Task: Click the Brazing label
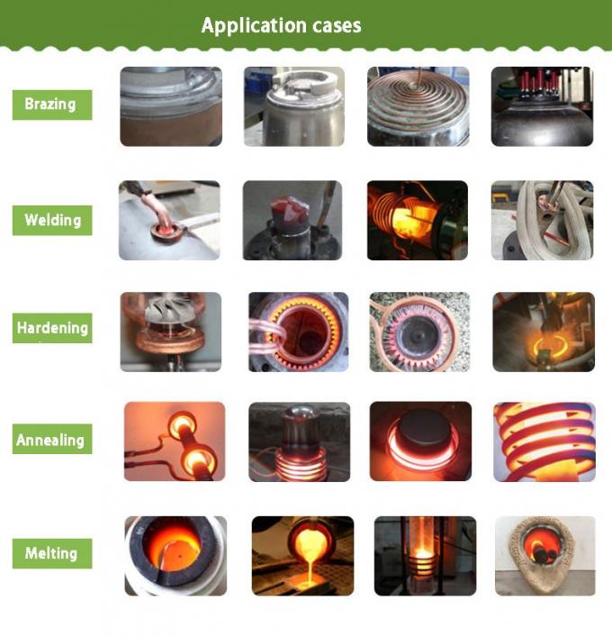(52, 105)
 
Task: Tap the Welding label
(52, 220)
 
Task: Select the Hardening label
(52, 328)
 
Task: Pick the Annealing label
(52, 439)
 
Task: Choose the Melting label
(52, 553)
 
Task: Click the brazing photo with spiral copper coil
(418, 106)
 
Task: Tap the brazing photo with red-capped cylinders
(542, 106)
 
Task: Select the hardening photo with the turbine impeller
(171, 332)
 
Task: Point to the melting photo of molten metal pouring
(302, 556)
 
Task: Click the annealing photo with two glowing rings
(175, 441)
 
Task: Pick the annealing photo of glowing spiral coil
(544, 441)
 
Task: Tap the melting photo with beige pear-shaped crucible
(545, 556)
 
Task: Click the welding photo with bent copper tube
(169, 220)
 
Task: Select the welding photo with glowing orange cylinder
(418, 220)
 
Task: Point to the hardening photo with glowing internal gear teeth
(299, 332)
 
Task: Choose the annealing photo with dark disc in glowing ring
(420, 441)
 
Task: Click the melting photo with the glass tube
(426, 556)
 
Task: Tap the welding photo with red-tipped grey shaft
(292, 220)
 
